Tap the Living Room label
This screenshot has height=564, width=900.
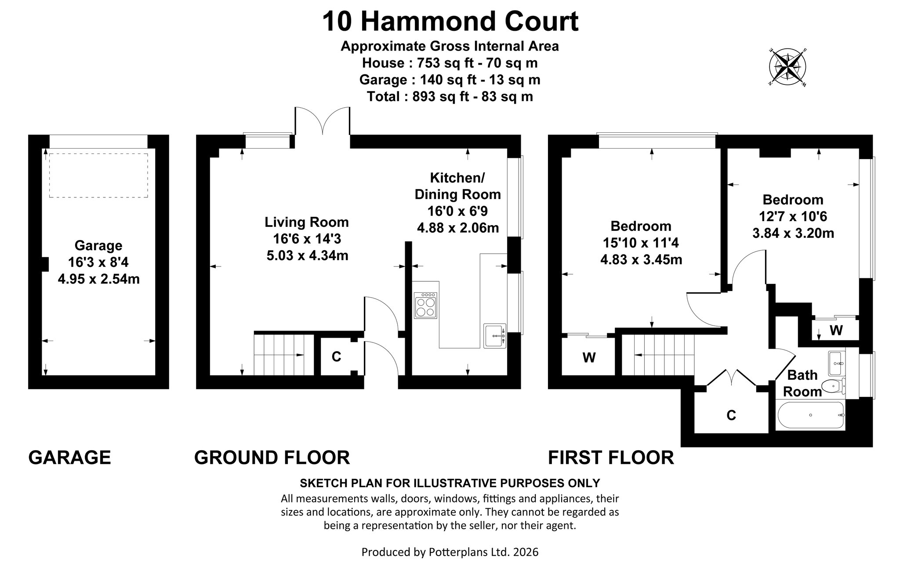tap(306, 222)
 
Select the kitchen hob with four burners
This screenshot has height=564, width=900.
tap(426, 305)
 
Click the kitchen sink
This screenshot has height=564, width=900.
tap(495, 336)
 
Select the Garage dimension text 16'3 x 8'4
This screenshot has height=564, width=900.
tap(98, 262)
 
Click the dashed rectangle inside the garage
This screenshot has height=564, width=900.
tap(98, 175)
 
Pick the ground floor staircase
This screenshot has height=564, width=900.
tap(284, 355)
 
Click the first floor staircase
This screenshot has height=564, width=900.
tap(658, 355)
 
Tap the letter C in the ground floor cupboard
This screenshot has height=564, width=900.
tap(336, 357)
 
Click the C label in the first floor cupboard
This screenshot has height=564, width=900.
tap(731, 415)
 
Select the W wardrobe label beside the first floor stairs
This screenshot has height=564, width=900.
tap(589, 358)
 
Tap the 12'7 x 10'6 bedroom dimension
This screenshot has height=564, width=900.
tap(793, 216)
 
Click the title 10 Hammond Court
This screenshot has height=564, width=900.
tap(450, 22)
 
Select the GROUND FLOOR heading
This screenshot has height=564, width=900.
tap(272, 458)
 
